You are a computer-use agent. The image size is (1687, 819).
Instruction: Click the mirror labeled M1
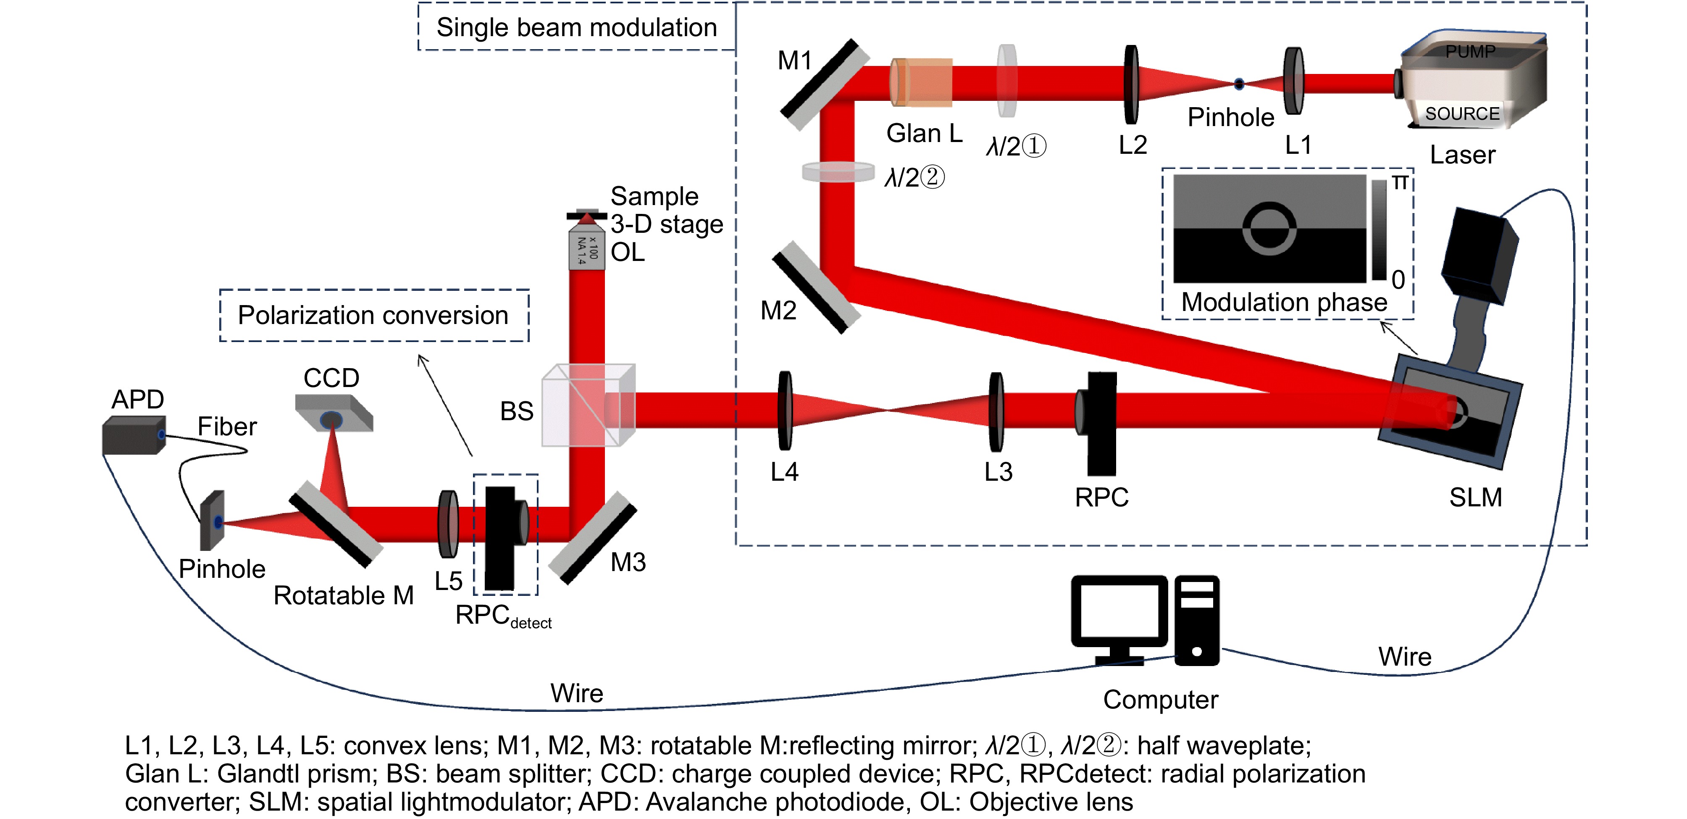click(823, 84)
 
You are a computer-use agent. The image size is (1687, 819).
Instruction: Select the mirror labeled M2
click(816, 287)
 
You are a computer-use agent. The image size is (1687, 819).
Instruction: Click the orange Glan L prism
click(921, 82)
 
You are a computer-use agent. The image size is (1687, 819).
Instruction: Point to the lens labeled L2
click(1131, 84)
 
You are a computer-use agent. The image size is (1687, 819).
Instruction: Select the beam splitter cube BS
click(587, 406)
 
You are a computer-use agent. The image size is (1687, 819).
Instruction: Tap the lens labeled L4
click(785, 411)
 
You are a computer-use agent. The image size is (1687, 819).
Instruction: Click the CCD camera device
click(334, 413)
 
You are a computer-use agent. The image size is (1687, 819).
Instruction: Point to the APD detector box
click(134, 436)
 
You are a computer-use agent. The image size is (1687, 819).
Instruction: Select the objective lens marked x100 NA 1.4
click(586, 248)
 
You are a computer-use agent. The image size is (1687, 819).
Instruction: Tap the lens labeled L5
click(449, 524)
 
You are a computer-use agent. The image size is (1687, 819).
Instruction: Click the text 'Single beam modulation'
click(576, 27)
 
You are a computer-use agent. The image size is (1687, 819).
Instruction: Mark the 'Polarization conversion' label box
click(373, 315)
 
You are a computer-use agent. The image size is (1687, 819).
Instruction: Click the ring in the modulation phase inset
click(1269, 228)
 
